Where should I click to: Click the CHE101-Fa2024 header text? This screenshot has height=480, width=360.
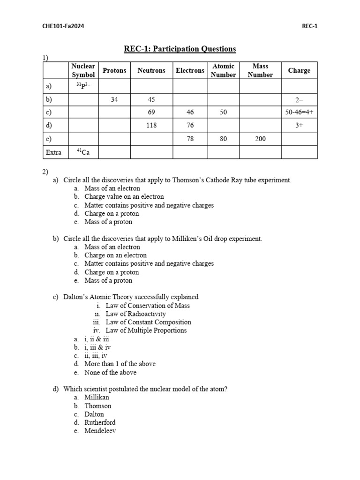click(x=63, y=26)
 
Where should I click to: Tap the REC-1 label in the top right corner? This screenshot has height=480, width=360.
click(x=309, y=26)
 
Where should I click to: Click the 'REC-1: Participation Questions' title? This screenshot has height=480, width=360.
click(x=180, y=49)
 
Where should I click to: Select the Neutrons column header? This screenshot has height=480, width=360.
click(x=151, y=70)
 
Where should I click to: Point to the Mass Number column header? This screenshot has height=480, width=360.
click(x=260, y=70)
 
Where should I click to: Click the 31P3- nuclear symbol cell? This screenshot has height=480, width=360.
click(x=83, y=86)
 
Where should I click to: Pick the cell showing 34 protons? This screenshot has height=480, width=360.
click(x=114, y=99)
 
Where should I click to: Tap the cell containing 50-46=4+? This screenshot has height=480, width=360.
click(x=299, y=112)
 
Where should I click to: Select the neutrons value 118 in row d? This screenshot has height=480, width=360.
click(x=151, y=126)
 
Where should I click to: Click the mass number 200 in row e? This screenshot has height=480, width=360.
click(x=260, y=139)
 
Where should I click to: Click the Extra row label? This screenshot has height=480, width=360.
click(x=54, y=152)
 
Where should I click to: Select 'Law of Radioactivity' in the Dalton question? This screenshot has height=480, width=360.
click(x=135, y=314)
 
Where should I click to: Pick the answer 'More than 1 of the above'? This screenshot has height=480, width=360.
click(x=120, y=364)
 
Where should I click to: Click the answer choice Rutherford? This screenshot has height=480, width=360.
click(x=100, y=422)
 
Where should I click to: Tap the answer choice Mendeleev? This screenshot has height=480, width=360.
click(x=100, y=431)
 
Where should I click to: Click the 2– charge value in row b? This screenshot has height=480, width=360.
click(x=299, y=99)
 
